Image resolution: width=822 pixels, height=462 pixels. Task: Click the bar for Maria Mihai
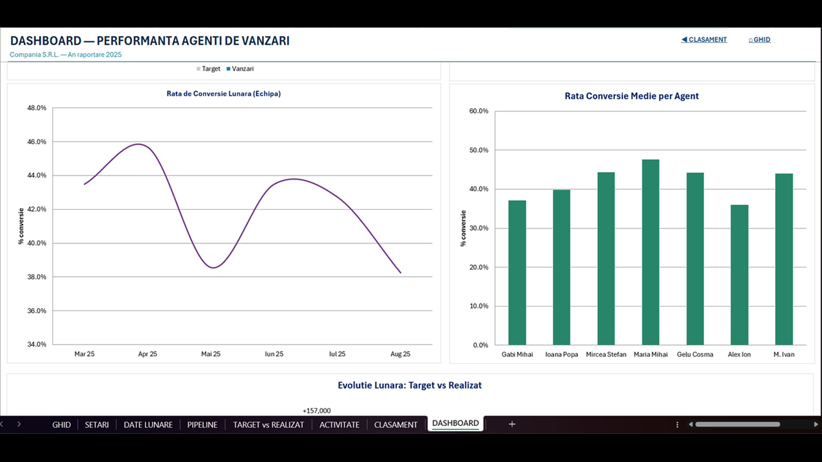point(651,252)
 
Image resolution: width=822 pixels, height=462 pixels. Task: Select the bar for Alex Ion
point(739,275)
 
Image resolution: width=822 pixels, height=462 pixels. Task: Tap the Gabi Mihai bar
point(517,273)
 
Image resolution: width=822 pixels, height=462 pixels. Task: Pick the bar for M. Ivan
point(784,259)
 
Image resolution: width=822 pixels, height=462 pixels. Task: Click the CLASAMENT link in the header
point(704,40)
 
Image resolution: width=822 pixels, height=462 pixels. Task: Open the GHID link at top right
point(760,40)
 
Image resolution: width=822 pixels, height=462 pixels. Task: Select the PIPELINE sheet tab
point(202,425)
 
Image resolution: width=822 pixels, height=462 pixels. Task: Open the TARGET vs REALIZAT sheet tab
point(268,425)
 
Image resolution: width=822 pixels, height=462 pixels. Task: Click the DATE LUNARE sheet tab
point(148,425)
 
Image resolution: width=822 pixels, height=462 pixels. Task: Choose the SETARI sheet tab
point(97,425)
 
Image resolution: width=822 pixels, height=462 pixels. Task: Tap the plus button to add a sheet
point(512,424)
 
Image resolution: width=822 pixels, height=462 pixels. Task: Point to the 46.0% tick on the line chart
point(37,142)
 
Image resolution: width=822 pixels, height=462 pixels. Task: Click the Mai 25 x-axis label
point(211,354)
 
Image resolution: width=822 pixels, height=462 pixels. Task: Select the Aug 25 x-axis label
point(400,354)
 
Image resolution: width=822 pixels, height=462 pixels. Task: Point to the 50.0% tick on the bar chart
point(479,150)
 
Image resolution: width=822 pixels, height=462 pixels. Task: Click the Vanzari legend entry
point(240,69)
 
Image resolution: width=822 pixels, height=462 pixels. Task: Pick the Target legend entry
point(209,69)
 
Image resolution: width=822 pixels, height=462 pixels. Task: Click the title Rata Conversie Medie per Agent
point(631,96)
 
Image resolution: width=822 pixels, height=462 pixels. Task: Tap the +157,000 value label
point(317,411)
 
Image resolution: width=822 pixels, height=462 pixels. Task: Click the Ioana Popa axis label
point(561,355)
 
